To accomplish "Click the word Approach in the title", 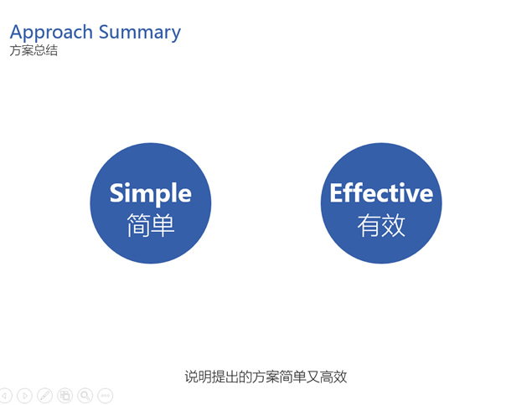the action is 51,33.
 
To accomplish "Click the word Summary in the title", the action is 140,33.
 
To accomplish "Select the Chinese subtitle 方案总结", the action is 34,50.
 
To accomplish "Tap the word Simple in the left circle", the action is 150,193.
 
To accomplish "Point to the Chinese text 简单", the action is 150,225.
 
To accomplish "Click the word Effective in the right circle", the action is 381,192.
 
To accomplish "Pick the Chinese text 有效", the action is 381,225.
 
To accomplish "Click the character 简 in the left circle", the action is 138,225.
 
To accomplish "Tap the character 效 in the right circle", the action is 394,225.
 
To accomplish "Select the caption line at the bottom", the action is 266,377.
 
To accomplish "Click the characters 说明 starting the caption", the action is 199,377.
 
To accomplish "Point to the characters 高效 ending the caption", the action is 333,377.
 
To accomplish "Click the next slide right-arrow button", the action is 24,396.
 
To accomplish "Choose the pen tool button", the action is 44,396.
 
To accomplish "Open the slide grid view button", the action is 65,396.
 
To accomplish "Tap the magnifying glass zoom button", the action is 85,396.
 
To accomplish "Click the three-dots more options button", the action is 106,396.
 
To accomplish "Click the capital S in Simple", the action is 116,192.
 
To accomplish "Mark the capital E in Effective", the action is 336,192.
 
